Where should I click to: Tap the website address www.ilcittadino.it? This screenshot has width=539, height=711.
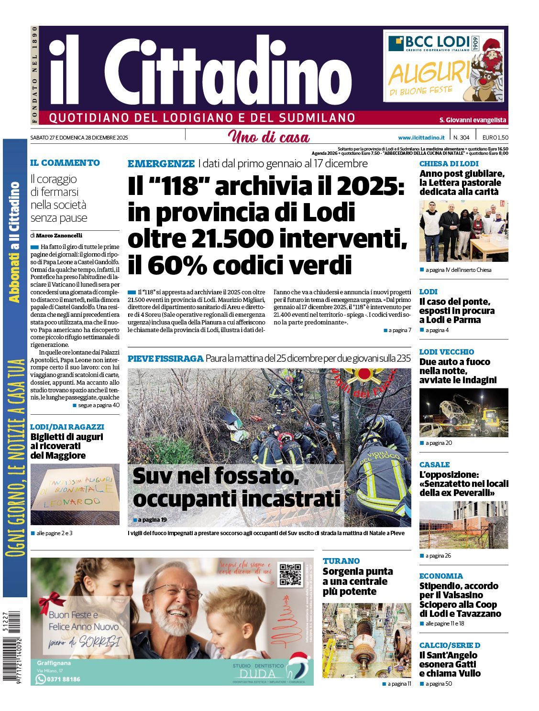pyautogui.click(x=421, y=138)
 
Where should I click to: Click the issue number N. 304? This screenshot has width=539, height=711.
pyautogui.click(x=461, y=138)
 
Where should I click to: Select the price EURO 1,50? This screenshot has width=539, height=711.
pyautogui.click(x=495, y=138)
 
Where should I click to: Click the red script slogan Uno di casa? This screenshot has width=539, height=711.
pyautogui.click(x=269, y=137)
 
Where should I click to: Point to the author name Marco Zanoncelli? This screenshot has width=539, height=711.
pyautogui.click(x=59, y=236)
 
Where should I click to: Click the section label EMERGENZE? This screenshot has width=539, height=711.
pyautogui.click(x=161, y=163)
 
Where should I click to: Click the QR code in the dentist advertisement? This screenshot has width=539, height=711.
pyautogui.click(x=291, y=574)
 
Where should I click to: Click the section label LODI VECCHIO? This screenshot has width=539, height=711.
pyautogui.click(x=446, y=352)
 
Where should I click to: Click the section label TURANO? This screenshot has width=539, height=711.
pyautogui.click(x=341, y=561)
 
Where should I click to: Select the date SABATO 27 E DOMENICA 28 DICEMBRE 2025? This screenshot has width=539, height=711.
pyautogui.click(x=79, y=138)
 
